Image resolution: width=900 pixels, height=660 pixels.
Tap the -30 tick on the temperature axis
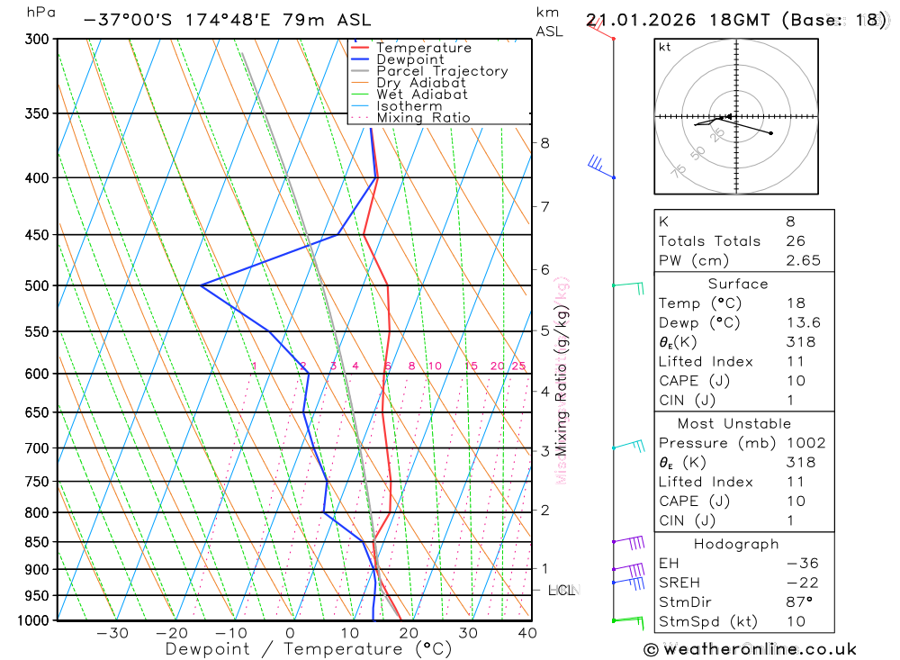pos(112,633)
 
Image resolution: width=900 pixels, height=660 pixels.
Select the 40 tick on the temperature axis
pos(527,633)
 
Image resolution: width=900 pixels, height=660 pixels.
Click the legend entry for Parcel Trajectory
pos(441,71)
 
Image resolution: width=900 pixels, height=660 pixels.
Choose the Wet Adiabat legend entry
pos(421,95)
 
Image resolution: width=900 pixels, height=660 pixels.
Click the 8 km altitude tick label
pos(545,143)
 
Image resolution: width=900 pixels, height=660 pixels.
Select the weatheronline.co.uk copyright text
pos(750,649)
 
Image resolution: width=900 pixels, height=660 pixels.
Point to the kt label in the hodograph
pos(664,47)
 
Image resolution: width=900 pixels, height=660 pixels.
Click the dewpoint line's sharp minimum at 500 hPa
pos(202,286)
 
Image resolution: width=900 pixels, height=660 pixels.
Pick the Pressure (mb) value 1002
pos(803,443)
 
